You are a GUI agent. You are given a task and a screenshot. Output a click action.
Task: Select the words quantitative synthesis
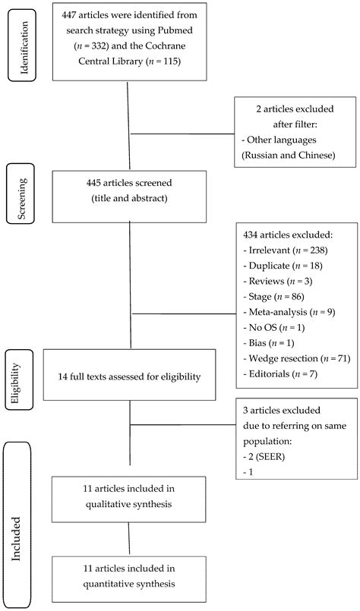pos(128,584)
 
